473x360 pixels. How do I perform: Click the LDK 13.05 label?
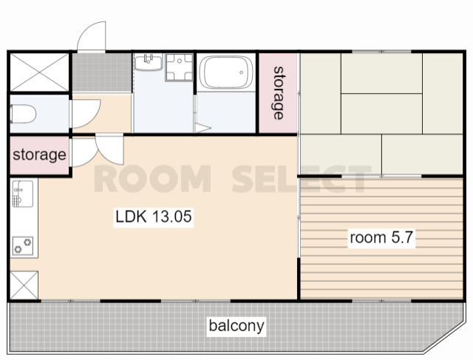coord(154,217)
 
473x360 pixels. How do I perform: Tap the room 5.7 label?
coord(381,237)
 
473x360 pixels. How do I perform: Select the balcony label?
coord(236,325)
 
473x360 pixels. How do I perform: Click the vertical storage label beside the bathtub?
coord(279,93)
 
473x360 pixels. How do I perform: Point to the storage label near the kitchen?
coord(39,154)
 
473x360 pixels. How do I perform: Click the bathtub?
coord(226,72)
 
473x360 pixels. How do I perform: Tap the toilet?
coord(23,114)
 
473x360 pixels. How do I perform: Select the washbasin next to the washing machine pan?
coord(149,62)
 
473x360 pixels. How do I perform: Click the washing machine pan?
coord(179,67)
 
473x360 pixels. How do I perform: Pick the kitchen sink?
coord(23,194)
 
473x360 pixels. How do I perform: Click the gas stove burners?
coord(23,245)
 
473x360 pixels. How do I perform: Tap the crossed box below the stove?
coord(24,285)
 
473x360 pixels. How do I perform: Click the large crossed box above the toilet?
coord(39,72)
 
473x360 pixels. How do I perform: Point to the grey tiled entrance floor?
coord(102,72)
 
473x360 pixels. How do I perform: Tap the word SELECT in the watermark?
coord(301,179)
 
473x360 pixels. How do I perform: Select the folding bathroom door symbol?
coord(202,128)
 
